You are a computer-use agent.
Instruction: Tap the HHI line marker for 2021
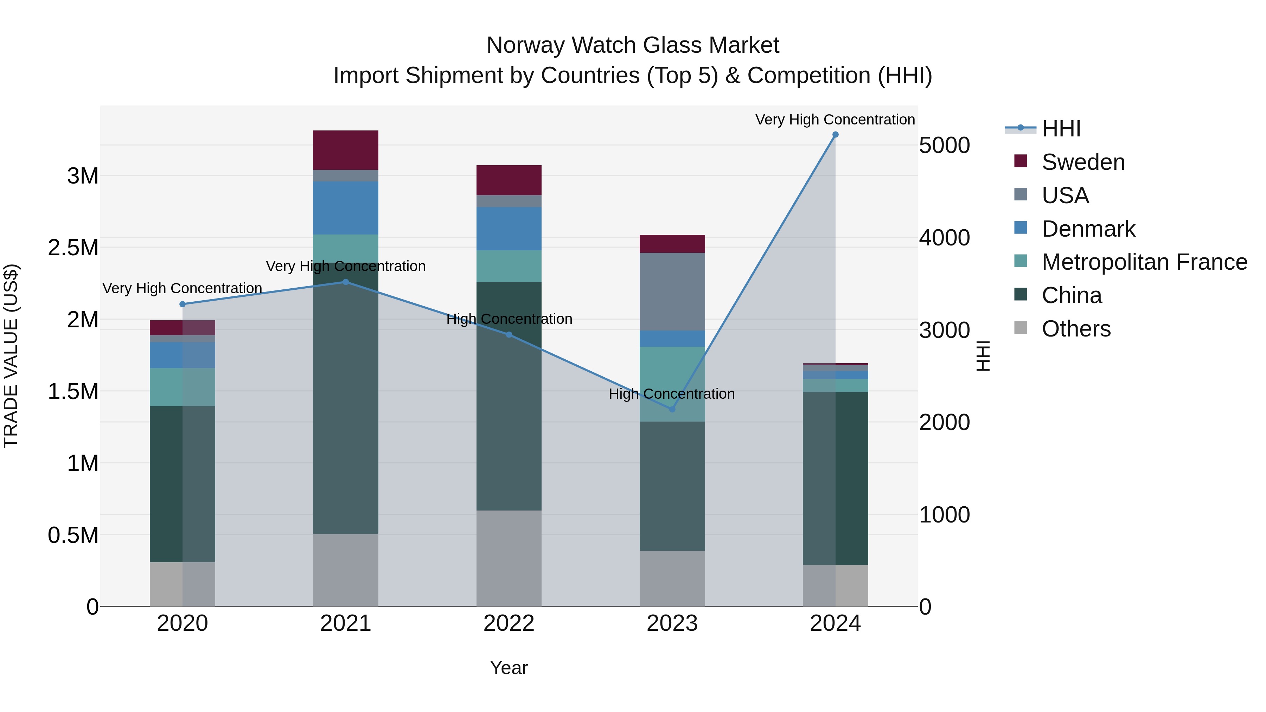pyautogui.click(x=345, y=282)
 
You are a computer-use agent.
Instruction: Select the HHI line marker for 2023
pyautogui.click(x=672, y=409)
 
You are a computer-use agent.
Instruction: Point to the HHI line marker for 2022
pyautogui.click(x=509, y=335)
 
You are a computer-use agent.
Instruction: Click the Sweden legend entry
pyautogui.click(x=1083, y=162)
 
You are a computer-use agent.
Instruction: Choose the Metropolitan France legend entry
pyautogui.click(x=1144, y=262)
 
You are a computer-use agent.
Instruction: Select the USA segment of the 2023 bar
pyautogui.click(x=672, y=292)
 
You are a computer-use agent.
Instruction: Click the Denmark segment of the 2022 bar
pyautogui.click(x=509, y=229)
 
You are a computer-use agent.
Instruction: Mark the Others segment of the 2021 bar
pyautogui.click(x=345, y=570)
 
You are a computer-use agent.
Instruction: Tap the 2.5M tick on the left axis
pyautogui.click(x=73, y=248)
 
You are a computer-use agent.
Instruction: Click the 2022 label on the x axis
pyautogui.click(x=509, y=623)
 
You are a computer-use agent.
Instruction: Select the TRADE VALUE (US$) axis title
pyautogui.click(x=11, y=356)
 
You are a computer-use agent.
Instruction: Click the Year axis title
pyautogui.click(x=509, y=668)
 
